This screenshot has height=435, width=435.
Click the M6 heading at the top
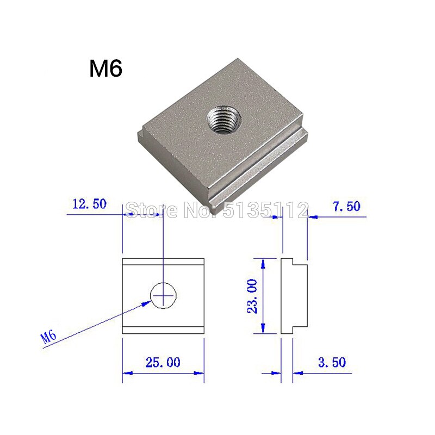point(106,69)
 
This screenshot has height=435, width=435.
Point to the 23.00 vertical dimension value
point(251,296)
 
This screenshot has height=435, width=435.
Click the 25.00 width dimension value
point(163,362)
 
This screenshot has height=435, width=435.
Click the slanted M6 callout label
point(49,337)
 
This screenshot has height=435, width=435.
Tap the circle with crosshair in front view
point(164,296)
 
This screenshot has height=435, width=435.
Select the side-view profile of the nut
point(294,296)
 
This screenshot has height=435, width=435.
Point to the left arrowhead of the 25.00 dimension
point(127,373)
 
